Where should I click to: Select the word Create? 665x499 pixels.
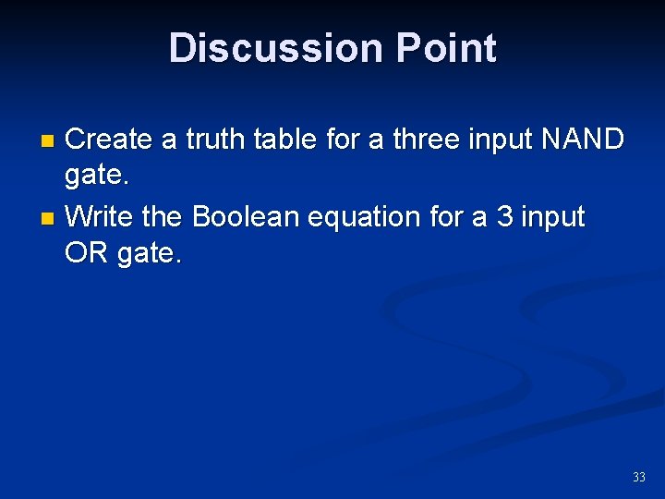coord(109,140)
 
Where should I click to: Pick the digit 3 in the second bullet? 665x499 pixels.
coord(504,217)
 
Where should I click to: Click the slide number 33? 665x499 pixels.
coord(639,478)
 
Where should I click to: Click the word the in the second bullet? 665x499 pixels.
coord(163,217)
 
